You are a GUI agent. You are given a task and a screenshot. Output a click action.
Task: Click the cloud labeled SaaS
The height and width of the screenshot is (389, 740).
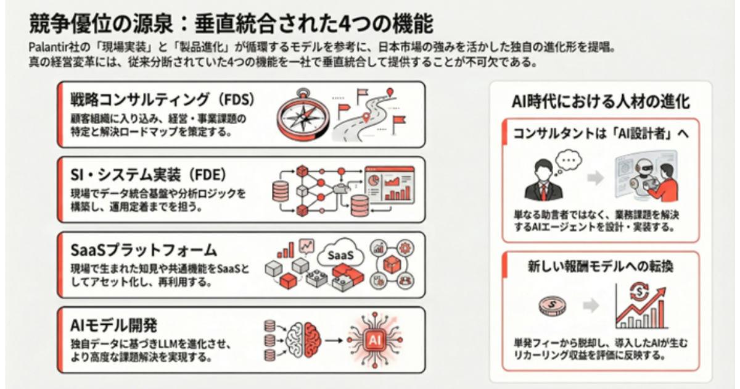[x=340, y=254]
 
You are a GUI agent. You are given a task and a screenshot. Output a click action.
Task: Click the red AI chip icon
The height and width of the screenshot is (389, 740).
[x=374, y=340]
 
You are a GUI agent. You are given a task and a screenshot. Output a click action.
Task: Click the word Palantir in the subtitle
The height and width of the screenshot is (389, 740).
[x=49, y=47]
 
